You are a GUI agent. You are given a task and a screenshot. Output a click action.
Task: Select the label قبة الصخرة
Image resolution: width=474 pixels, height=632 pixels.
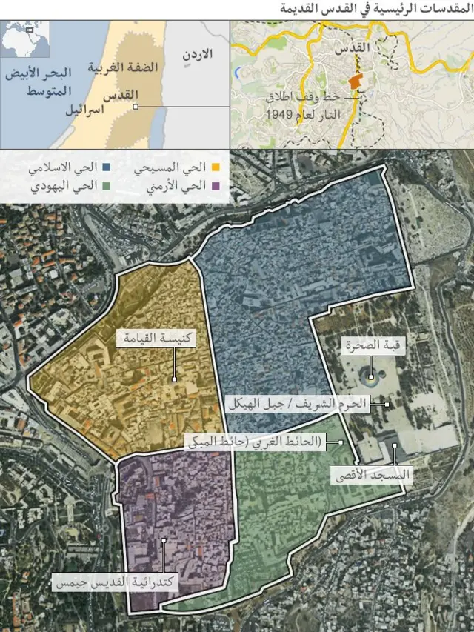click(373, 345)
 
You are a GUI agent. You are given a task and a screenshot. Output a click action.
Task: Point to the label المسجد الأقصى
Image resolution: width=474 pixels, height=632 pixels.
click(370, 474)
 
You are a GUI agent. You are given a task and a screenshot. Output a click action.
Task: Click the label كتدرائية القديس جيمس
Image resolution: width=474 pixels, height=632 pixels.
click(116, 582)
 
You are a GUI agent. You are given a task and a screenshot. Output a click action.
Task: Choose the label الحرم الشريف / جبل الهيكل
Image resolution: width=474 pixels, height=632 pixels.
click(304, 404)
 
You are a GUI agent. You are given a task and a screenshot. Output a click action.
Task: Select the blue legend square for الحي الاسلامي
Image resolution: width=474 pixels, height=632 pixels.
click(106, 168)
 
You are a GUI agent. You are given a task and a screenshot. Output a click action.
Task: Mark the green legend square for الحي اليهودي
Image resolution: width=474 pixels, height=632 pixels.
click(106, 185)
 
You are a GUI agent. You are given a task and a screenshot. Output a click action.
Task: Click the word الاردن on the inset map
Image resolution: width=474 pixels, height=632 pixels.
click(196, 54)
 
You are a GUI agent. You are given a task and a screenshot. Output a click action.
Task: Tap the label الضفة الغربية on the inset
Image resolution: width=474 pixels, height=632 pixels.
click(123, 67)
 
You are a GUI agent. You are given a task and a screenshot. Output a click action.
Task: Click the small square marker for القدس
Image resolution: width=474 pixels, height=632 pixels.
click(135, 107)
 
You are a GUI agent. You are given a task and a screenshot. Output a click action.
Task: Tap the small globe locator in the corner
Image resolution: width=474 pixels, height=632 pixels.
click(26, 39)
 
